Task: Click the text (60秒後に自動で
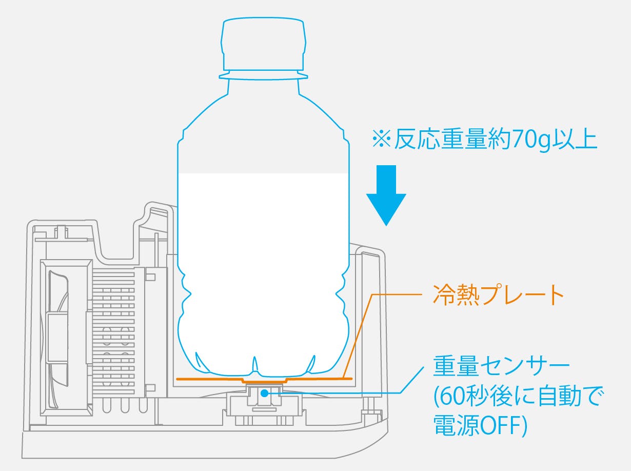point(510,397)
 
